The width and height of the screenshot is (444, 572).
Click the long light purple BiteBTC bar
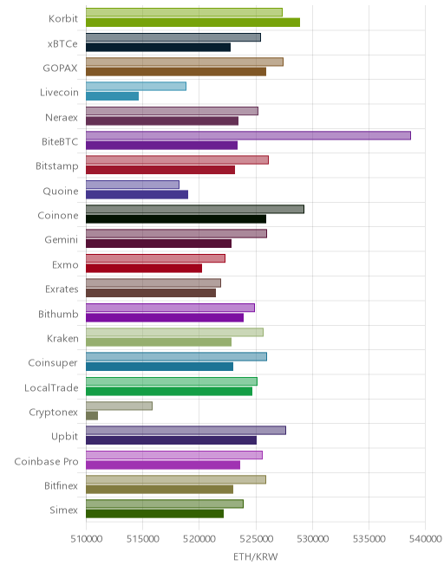point(248,135)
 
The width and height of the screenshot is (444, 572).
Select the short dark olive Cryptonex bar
point(92,415)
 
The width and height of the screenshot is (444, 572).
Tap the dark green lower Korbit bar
point(193,23)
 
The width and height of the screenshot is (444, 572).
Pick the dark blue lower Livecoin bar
point(113,96)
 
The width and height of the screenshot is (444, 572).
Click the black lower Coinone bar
point(176,219)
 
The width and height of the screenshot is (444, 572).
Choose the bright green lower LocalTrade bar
point(169,391)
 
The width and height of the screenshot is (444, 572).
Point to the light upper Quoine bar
point(133,185)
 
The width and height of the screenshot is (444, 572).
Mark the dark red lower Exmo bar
point(144,268)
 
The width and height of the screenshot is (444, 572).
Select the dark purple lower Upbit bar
point(171,440)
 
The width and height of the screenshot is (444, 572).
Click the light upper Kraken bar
point(174,332)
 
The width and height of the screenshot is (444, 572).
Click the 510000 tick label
point(86,538)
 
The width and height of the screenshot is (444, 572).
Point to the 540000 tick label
point(426,538)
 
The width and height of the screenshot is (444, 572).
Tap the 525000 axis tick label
point(256,538)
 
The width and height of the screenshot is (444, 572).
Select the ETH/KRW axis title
point(256,557)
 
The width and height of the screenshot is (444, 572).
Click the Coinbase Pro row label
point(46,461)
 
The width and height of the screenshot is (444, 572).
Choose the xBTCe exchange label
point(62,44)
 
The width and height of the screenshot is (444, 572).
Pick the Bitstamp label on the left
point(57,166)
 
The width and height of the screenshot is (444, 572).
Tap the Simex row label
point(64,510)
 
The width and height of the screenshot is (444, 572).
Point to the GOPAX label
point(60,68)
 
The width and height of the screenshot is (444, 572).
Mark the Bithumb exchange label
point(58,314)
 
